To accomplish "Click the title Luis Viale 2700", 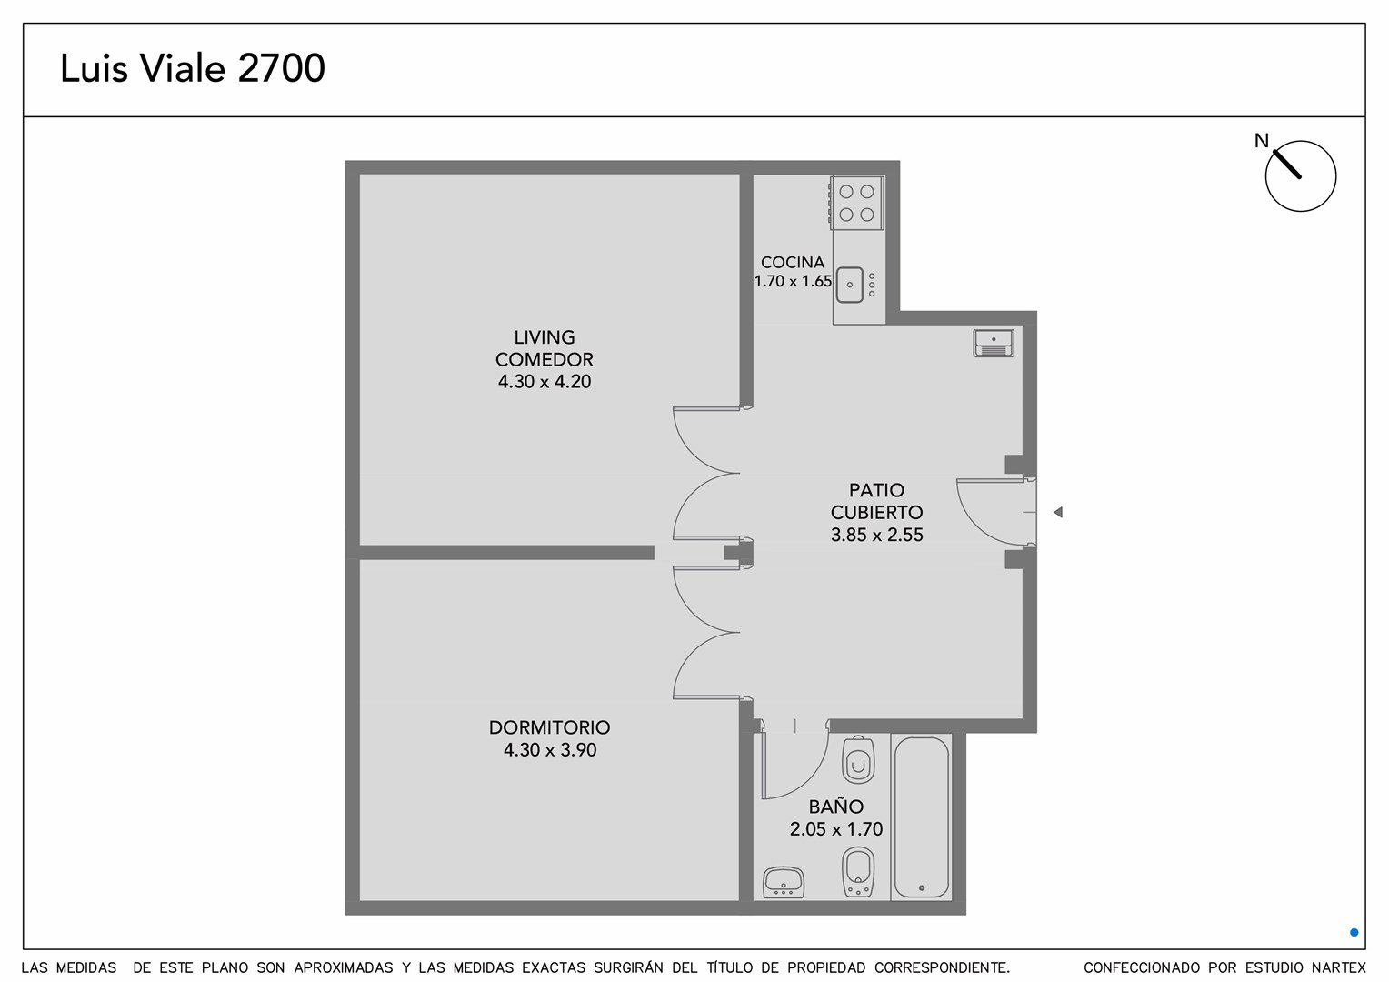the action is pyautogui.click(x=192, y=68).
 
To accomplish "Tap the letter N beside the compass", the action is pyautogui.click(x=1261, y=141).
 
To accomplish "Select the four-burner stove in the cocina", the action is pyautogui.click(x=856, y=203).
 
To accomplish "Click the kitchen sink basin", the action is pyautogui.click(x=850, y=285).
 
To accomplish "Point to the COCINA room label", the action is pyautogui.click(x=793, y=263).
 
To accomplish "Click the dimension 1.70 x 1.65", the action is pyautogui.click(x=793, y=281).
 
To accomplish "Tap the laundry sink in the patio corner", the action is pyautogui.click(x=994, y=343).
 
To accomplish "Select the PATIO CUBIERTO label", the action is pyautogui.click(x=877, y=501).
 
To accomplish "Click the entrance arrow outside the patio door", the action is pyautogui.click(x=1058, y=512).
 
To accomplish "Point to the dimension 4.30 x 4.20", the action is pyautogui.click(x=545, y=382).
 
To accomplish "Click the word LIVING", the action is pyautogui.click(x=545, y=337).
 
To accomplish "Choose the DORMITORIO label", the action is pyautogui.click(x=549, y=727).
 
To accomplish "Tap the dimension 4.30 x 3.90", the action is pyautogui.click(x=550, y=749).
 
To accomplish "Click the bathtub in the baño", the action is pyautogui.click(x=922, y=817).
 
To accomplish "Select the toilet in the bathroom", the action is pyautogui.click(x=858, y=760).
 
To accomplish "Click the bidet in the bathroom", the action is pyautogui.click(x=858, y=872).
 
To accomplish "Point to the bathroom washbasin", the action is pyautogui.click(x=784, y=881).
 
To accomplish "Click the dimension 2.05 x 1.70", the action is pyautogui.click(x=836, y=828).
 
